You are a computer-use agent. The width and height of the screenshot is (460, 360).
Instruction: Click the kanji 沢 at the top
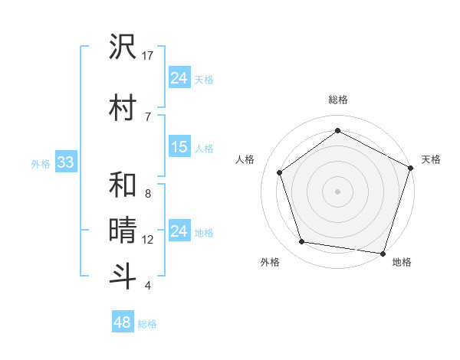123,47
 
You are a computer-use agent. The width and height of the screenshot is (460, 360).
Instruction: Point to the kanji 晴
123,230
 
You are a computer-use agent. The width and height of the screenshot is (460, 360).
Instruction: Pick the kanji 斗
123,275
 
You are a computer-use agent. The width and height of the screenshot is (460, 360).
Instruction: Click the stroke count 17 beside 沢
148,56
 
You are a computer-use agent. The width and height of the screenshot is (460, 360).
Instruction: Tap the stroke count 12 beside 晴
148,240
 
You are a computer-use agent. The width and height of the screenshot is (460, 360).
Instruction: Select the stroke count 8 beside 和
147,194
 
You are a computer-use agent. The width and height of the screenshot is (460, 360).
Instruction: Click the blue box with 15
179,147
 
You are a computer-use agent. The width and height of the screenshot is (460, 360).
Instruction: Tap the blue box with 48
122,322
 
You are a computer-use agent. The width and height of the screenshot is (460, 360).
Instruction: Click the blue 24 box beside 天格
179,77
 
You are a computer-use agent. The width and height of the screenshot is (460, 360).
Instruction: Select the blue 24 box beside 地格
179,231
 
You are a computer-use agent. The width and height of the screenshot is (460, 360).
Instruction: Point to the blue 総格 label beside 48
147,324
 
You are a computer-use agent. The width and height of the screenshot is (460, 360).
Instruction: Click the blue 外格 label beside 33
41,163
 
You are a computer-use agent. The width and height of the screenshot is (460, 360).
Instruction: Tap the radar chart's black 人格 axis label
245,159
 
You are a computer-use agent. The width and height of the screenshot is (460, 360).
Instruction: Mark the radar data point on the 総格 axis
337,131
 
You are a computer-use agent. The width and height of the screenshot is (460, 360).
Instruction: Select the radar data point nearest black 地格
383,253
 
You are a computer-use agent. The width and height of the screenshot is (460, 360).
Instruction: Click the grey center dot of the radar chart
337,191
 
